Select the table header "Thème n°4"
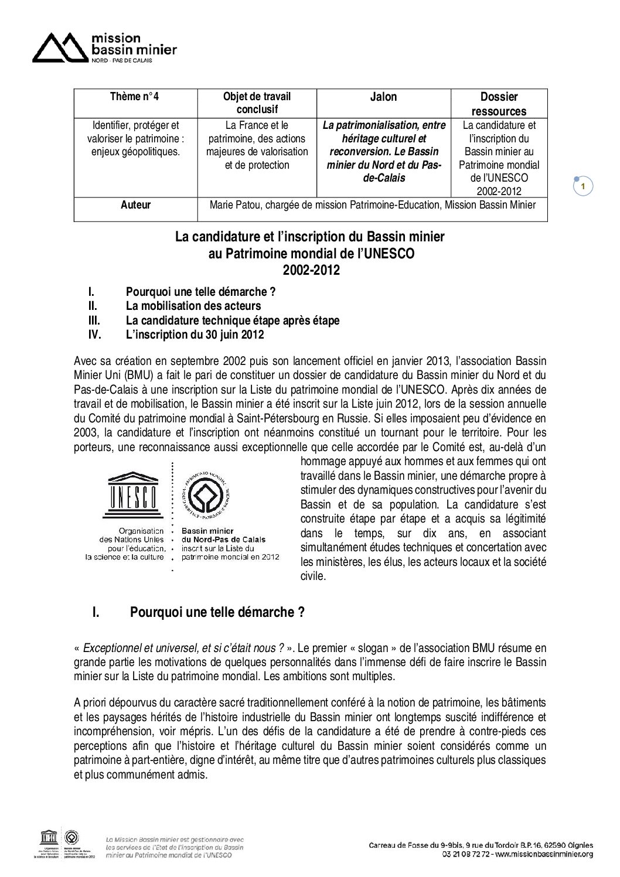(x=135, y=97)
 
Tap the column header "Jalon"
(x=383, y=97)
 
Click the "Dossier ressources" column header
(x=499, y=104)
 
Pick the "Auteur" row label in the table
(x=135, y=205)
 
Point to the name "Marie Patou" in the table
(x=234, y=205)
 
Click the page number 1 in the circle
(x=582, y=186)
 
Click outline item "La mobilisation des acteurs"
(x=193, y=306)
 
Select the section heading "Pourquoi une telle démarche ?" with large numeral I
(x=217, y=613)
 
